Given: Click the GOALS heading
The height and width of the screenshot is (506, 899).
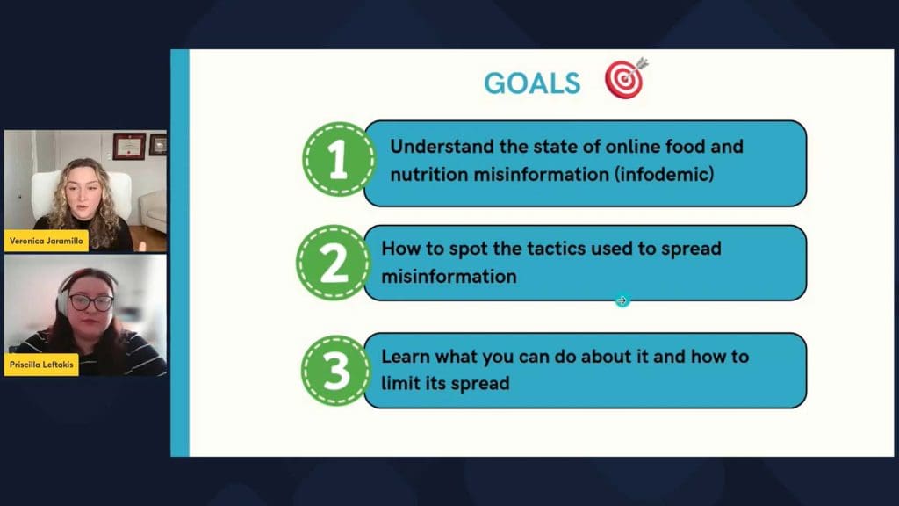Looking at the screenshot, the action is coord(532,83).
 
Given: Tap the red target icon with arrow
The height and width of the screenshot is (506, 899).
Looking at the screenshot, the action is coord(626,78).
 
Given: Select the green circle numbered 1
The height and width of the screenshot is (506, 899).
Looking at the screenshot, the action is coord(338,159).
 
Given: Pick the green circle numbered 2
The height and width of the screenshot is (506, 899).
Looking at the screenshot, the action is coord(334,263).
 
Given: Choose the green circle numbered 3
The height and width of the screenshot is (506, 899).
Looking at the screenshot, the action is coord(336,370).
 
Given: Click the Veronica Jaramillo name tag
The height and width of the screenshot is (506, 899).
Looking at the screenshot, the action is coord(47,241).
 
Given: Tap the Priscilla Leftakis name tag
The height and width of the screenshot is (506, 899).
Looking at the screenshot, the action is coord(41,365).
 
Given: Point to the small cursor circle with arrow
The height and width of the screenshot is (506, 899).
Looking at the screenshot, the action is coord(622,300).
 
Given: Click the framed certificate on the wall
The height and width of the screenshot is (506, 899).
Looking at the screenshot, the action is coord(129,146).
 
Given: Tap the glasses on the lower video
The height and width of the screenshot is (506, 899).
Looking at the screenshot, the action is coord(90,302).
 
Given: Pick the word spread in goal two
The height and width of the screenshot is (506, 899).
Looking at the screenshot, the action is coord(691,249).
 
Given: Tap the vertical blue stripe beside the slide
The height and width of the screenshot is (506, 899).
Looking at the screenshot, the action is coord(180,253).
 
